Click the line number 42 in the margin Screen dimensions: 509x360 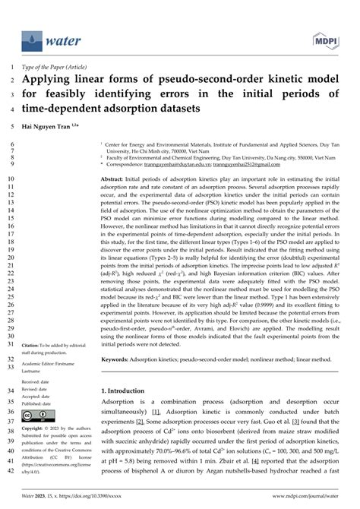(x=9, y=492)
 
